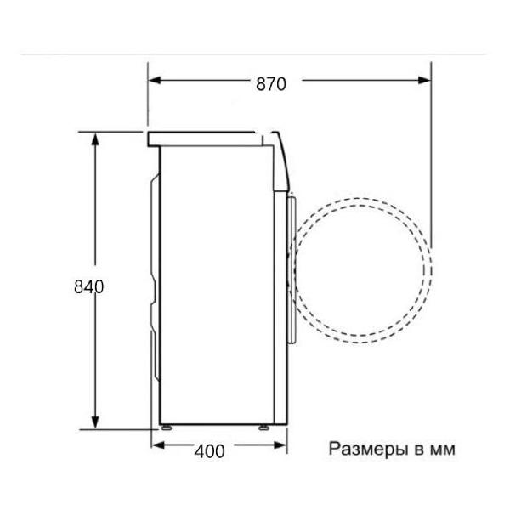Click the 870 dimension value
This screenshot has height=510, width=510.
point(269,83)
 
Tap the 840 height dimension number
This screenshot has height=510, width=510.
point(88,286)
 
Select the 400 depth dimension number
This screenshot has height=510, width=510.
point(209,451)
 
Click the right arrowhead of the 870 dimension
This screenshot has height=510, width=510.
point(424,82)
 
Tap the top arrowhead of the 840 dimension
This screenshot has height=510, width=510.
point(96,139)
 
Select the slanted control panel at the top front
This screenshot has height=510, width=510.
point(280,157)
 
